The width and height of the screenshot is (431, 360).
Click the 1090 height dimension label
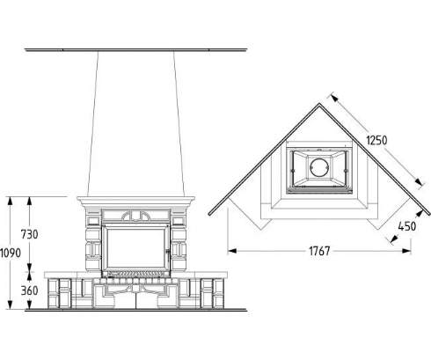click(11, 253)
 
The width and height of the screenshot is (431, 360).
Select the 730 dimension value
click(29, 234)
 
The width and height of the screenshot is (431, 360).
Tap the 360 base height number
click(30, 290)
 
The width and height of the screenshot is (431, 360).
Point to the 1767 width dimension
click(319, 251)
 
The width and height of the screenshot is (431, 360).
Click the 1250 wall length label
click(376, 140)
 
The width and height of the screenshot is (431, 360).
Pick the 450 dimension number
click(407, 226)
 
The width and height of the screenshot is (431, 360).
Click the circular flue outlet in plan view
click(319, 167)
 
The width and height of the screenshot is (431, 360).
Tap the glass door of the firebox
click(135, 248)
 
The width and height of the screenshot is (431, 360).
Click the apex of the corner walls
click(319, 104)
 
